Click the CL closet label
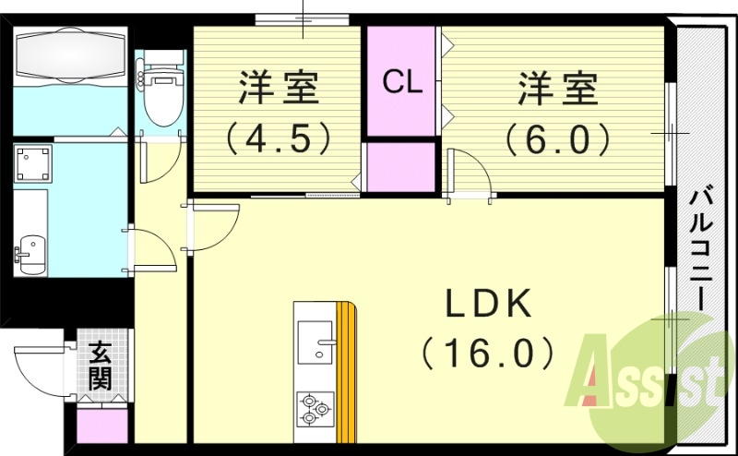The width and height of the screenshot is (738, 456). [402, 84]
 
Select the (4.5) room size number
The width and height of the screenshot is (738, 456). [278, 138]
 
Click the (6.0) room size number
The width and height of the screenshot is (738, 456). [556, 138]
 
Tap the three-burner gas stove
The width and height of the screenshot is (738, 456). [315, 406]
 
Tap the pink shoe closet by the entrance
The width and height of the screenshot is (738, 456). [101, 426]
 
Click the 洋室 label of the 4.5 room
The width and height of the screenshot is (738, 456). [278, 90]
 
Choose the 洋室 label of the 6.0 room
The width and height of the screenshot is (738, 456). [556, 90]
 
